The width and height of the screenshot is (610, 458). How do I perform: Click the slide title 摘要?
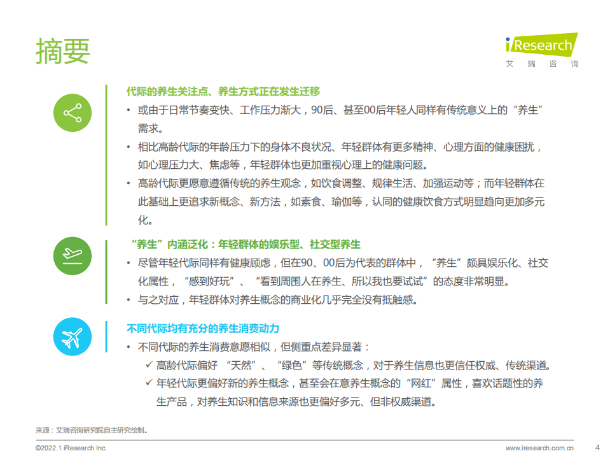(62, 50)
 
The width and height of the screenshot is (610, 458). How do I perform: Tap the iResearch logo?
(541, 45)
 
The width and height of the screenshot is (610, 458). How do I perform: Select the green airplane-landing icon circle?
(73, 255)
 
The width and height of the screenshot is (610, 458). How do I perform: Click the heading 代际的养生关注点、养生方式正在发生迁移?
(223, 91)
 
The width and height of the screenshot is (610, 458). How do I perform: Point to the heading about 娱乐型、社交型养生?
(244, 244)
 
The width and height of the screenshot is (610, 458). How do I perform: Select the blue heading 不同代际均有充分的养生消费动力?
(203, 329)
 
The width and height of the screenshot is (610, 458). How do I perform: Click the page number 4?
(596, 447)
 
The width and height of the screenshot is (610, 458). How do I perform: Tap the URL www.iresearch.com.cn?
(539, 448)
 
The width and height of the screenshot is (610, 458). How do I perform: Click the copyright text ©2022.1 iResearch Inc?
(71, 448)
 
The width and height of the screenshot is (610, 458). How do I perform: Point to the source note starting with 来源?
(92, 430)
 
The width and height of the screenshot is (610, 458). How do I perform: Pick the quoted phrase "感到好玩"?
(205, 281)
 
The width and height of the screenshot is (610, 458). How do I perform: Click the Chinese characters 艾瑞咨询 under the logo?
(541, 64)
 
